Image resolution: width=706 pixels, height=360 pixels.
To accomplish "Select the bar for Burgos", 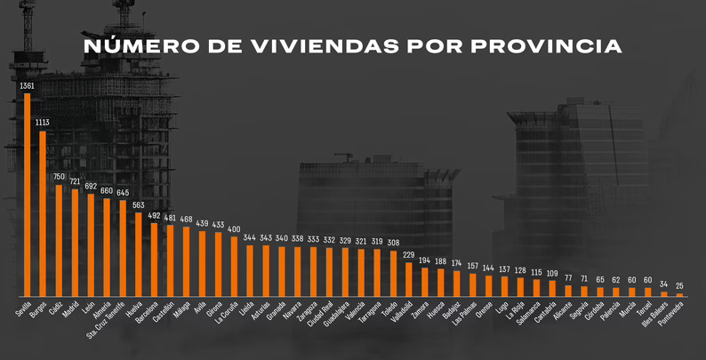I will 43,213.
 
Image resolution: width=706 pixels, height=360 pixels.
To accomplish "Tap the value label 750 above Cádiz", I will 59,176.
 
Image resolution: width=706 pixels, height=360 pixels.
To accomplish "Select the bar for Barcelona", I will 154,259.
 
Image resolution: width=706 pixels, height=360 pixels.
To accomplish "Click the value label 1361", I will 27,85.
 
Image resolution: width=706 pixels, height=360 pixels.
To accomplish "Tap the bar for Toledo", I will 393,273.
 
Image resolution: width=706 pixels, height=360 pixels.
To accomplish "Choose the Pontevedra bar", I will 679,294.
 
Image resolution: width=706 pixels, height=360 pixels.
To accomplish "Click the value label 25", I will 679,285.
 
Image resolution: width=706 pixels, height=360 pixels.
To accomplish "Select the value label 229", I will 409,255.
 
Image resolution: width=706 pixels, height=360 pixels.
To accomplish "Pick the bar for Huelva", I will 138,253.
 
